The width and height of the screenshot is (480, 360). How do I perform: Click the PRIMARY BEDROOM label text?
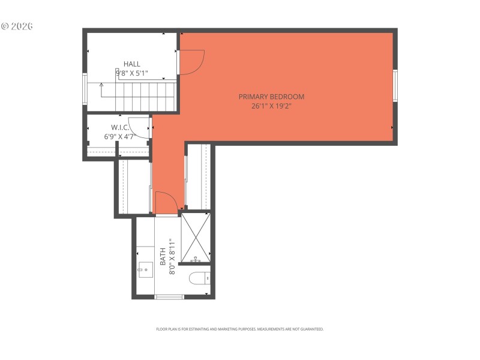click(x=271, y=97)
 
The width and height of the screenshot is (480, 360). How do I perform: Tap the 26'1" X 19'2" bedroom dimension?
click(x=271, y=106)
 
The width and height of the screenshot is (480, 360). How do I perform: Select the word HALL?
click(x=132, y=64)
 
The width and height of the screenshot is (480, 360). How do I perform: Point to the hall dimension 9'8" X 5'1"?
click(x=132, y=73)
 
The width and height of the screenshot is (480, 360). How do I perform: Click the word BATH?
click(x=163, y=256)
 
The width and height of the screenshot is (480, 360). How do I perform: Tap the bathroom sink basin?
click(x=145, y=270)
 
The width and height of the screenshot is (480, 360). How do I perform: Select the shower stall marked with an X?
click(x=196, y=237)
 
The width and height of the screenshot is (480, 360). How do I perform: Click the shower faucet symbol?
click(x=196, y=260)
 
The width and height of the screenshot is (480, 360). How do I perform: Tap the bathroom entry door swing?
click(x=166, y=202)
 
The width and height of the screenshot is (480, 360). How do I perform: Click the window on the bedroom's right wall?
click(x=395, y=85)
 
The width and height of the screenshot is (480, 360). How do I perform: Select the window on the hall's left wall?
click(x=85, y=89)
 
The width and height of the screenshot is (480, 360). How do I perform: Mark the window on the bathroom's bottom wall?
click(x=169, y=296)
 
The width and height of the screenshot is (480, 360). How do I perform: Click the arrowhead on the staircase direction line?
click(x=101, y=85)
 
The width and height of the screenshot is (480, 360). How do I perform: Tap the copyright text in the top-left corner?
click(x=17, y=26)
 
